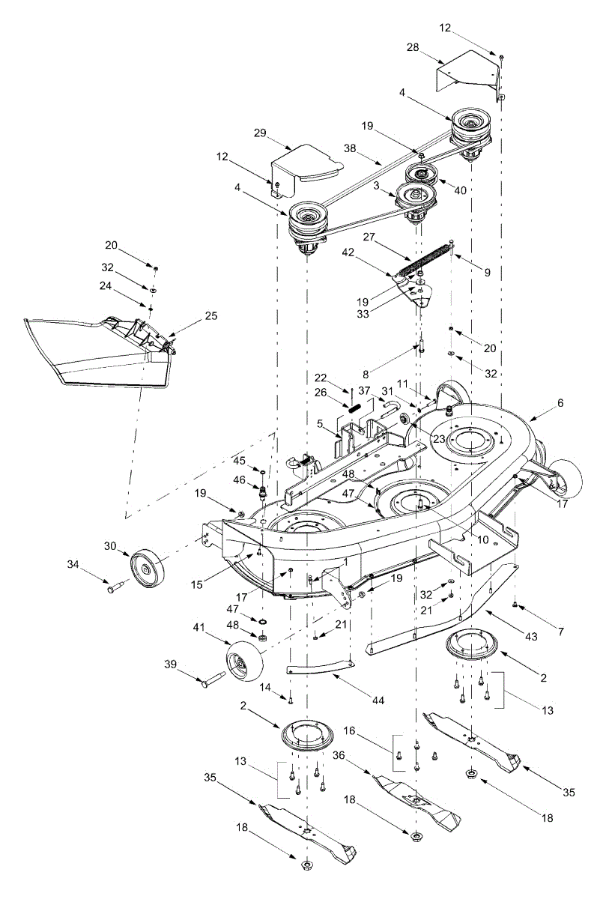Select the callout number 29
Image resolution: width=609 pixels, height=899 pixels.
click(x=260, y=133)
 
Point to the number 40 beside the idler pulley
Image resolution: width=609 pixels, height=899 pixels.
click(x=460, y=190)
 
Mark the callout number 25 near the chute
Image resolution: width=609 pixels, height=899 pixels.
click(x=211, y=316)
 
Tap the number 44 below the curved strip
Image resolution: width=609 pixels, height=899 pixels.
click(x=378, y=700)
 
